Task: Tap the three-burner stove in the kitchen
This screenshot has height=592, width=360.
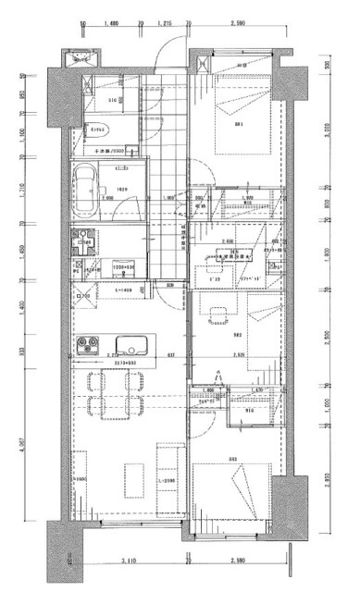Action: coord(87,347)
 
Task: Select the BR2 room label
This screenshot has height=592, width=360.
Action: coord(238,335)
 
